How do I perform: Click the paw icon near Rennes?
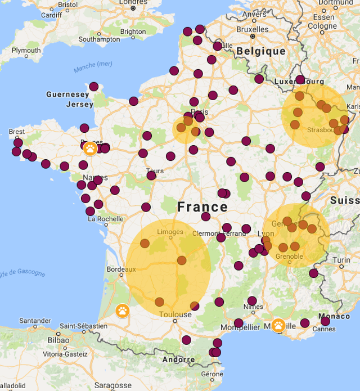click(x=90, y=149)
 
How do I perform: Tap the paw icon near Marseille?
click(x=278, y=325)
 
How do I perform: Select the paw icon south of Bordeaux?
click(x=123, y=311)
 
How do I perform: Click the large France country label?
click(x=203, y=207)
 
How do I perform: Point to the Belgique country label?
click(x=261, y=51)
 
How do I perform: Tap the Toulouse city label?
click(x=176, y=314)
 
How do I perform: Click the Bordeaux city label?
click(x=121, y=269)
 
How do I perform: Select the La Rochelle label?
click(x=105, y=219)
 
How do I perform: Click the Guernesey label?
click(x=67, y=95)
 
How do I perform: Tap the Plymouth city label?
click(x=26, y=51)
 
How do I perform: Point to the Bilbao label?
click(x=58, y=340)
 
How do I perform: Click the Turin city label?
click(x=341, y=260)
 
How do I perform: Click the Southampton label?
click(x=99, y=39)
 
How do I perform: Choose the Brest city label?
click(x=16, y=132)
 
